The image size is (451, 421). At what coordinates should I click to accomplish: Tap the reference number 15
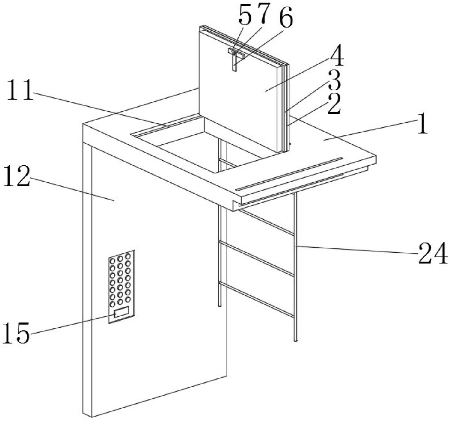tap(16, 333)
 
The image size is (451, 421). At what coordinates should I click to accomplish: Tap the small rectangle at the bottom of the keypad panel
tap(121, 312)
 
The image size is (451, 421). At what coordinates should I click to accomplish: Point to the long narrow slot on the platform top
tap(289, 173)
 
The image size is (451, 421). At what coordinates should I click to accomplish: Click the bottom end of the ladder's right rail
tap(295, 340)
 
